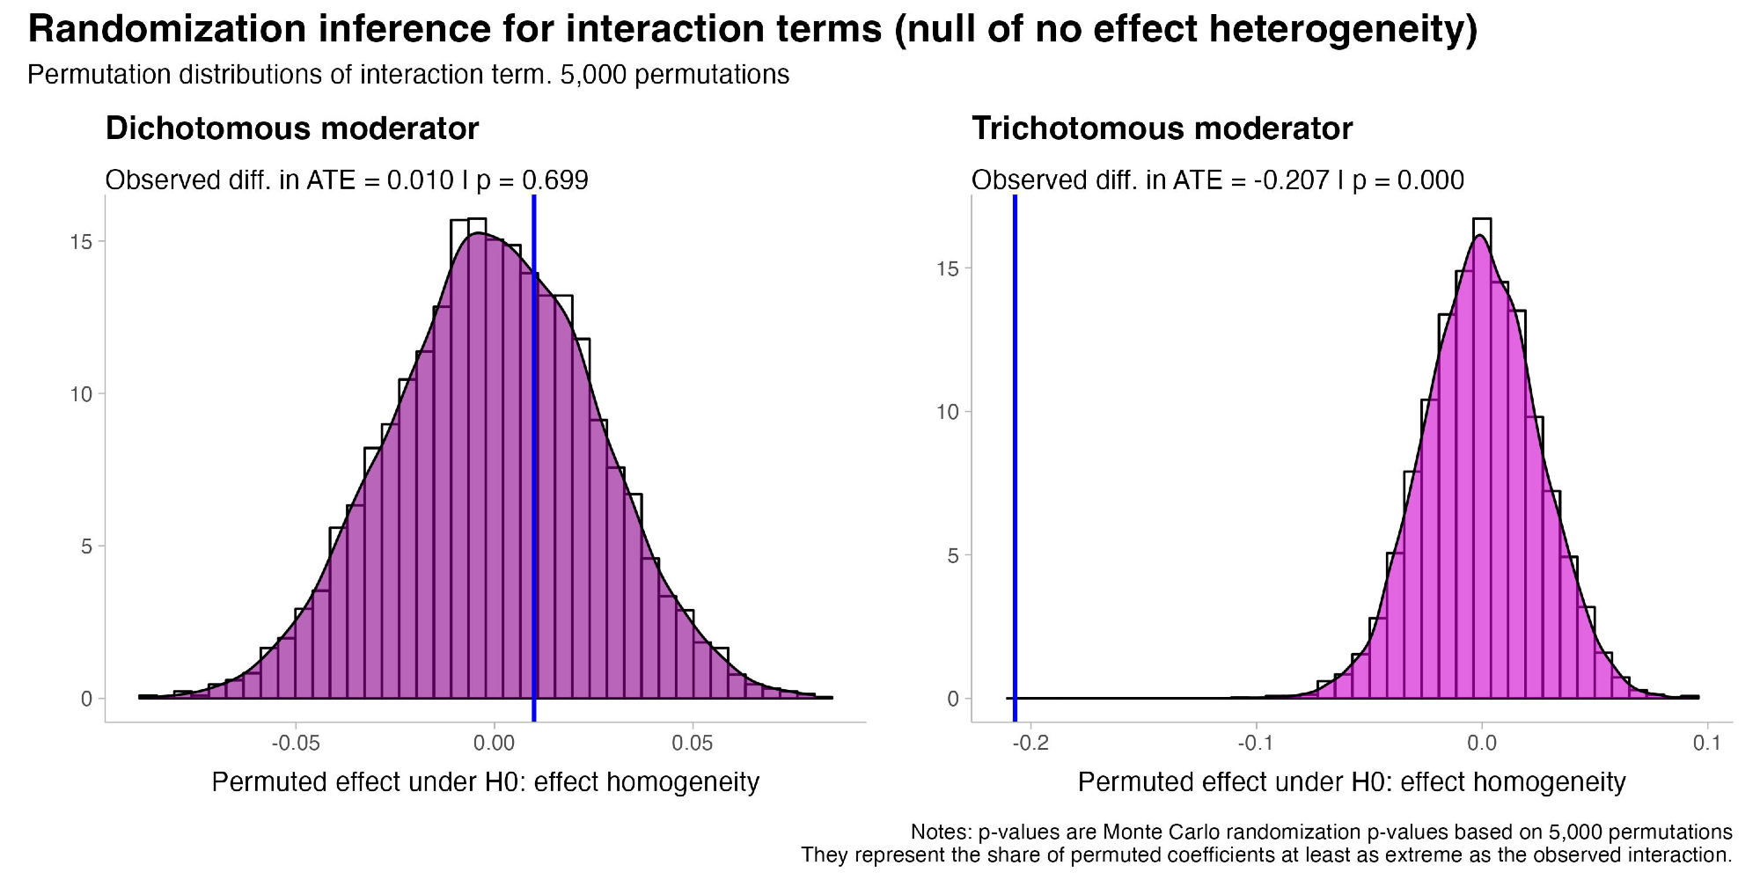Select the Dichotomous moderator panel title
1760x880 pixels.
[292, 128]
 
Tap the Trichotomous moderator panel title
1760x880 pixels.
[1162, 128]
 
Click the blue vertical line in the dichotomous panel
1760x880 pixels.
[534, 440]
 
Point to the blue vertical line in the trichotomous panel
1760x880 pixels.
[1015, 440]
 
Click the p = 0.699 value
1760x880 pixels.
[532, 180]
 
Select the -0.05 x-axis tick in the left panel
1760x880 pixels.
[296, 744]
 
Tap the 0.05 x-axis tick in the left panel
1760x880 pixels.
[693, 744]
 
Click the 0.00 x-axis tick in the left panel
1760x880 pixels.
[494, 744]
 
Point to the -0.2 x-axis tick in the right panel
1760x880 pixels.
[1030, 744]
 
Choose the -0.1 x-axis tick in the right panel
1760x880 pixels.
[1256, 744]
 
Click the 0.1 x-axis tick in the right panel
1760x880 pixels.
[1707, 744]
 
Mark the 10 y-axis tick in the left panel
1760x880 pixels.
[81, 394]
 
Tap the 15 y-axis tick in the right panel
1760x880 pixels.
[948, 268]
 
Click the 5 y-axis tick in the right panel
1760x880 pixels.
[953, 555]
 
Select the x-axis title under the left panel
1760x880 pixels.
[485, 782]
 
